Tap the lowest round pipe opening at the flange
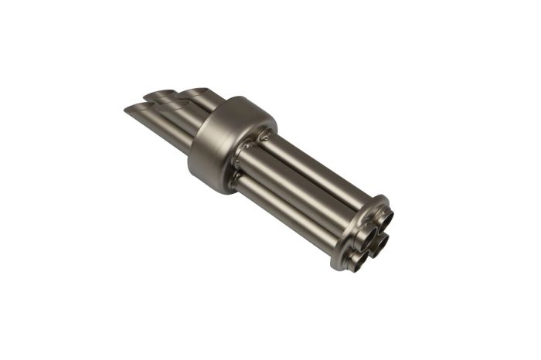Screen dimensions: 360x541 357,260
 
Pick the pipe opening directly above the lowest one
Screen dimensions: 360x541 379,245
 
